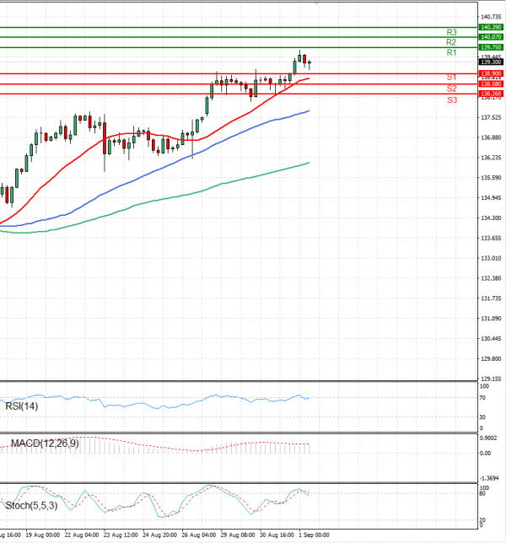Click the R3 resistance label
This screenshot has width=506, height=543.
coord(451,32)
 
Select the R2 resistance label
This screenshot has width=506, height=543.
coord(451,42)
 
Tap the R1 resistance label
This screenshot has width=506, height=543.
coord(451,53)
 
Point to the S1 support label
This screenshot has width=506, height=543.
coord(452,77)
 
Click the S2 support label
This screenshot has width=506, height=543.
coord(452,89)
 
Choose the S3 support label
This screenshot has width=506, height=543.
coord(452,99)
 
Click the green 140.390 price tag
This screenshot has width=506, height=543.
coord(490,28)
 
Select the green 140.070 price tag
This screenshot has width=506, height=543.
coord(490,37)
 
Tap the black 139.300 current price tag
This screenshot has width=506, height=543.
coord(490,62)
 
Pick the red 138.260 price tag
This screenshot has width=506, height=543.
coord(490,94)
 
